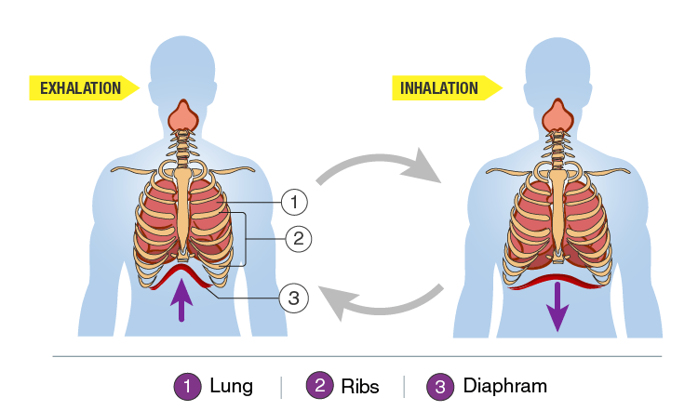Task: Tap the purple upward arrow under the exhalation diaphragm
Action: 182,300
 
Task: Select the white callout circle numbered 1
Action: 294,200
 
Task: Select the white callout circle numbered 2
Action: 298,239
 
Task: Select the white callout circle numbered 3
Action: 293,298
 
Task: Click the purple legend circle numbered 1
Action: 187,385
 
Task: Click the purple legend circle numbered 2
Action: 319,385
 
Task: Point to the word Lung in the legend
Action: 231,385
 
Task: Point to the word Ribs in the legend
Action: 360,385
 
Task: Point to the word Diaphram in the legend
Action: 504,385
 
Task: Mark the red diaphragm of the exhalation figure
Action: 183,272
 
